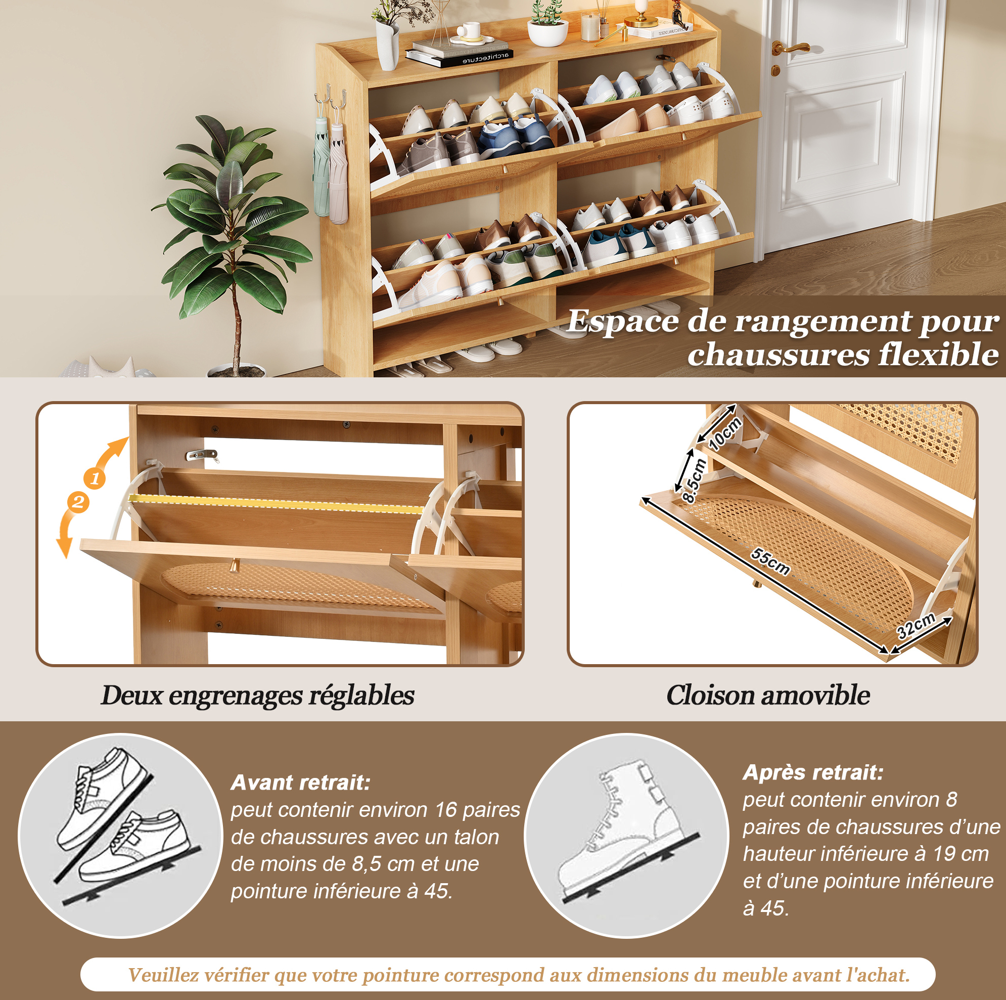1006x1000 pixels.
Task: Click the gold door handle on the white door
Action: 789,48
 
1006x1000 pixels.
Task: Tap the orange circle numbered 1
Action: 94,478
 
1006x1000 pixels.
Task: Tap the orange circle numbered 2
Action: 78,502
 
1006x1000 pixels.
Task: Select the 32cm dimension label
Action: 916,625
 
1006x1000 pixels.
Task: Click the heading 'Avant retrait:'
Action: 300,782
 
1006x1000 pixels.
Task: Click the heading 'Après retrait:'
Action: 813,772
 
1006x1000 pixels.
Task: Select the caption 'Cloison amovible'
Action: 768,695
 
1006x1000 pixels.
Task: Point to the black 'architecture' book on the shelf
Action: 459,58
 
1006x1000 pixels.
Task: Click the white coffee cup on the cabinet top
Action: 471,30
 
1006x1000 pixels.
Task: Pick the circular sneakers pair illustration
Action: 121,835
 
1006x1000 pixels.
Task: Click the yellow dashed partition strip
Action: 276,503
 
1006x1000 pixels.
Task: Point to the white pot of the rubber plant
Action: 237,371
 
